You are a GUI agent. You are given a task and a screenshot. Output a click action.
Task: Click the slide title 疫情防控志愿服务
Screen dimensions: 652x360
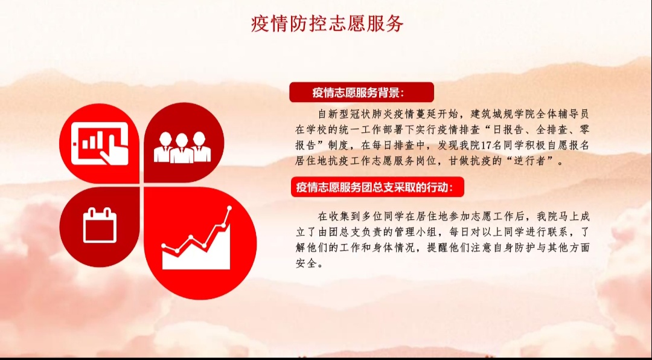[x=327, y=24]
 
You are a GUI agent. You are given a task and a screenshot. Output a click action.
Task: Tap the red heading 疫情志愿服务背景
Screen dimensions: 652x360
[x=357, y=92]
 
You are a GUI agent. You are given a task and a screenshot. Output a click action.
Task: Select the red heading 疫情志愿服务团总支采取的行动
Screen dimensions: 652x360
[x=374, y=187]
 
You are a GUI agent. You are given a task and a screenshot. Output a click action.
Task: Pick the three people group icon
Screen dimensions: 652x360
[x=182, y=147]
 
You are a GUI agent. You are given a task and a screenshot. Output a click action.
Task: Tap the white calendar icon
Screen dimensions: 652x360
[x=100, y=225]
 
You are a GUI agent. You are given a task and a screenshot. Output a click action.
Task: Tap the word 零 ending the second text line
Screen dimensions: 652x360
[x=584, y=130]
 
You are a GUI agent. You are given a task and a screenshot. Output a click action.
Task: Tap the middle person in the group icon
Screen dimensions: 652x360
[x=182, y=149]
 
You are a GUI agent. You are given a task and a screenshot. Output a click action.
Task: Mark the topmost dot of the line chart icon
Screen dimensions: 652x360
[x=229, y=208]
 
